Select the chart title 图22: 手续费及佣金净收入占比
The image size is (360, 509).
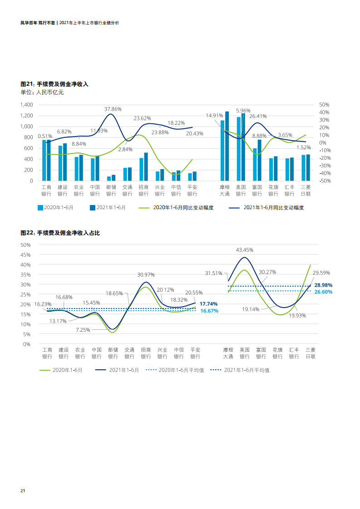60,233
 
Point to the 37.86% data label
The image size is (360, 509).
113,109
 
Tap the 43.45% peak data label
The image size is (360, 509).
245,250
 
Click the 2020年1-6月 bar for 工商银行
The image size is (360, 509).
44,160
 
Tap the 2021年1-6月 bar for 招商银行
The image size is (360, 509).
146,166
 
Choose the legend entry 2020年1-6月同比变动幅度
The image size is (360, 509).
176,208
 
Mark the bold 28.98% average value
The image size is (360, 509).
323,285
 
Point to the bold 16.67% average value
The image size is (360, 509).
209,311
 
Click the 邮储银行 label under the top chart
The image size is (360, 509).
111,190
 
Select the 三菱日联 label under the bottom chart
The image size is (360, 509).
311,353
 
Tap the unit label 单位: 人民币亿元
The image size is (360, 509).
42,93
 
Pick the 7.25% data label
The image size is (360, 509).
83,330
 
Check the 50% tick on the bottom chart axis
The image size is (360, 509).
26,245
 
